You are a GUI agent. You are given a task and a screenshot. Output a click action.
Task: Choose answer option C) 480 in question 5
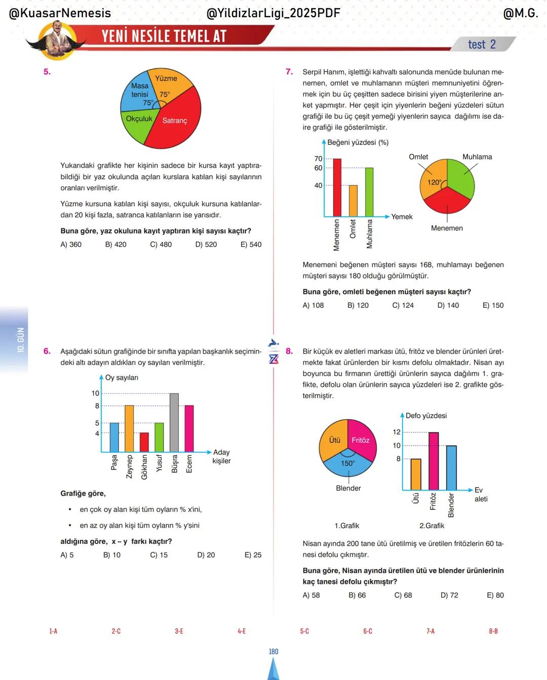pyautogui.click(x=161, y=245)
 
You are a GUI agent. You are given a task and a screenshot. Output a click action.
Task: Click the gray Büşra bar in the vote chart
pyautogui.click(x=174, y=423)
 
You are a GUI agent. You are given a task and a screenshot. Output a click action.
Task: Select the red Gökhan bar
pyautogui.click(x=144, y=443)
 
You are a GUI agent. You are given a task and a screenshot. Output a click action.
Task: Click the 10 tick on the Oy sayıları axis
pyautogui.click(x=95, y=393)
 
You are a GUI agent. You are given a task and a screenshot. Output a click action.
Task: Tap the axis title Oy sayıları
pyautogui.click(x=121, y=378)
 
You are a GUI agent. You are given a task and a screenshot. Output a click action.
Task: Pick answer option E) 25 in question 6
pyautogui.click(x=253, y=555)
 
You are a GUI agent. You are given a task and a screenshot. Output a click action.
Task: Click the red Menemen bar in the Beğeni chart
pyautogui.click(x=337, y=188)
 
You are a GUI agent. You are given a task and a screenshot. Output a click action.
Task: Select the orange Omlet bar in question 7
pyautogui.click(x=353, y=201)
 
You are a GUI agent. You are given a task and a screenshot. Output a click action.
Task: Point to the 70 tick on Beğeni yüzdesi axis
pyautogui.click(x=318, y=159)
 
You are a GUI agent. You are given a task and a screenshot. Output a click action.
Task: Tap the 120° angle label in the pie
pyautogui.click(x=434, y=182)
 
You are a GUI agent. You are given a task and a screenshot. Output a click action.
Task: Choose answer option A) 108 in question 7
pyautogui.click(x=313, y=305)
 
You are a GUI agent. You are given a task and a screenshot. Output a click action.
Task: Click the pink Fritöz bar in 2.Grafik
pyautogui.click(x=434, y=461)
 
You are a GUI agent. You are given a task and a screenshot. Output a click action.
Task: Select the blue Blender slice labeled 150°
pyautogui.click(x=348, y=465)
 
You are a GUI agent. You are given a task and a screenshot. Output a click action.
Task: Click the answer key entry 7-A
pyautogui.click(x=430, y=631)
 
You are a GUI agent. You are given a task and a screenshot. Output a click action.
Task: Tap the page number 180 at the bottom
pyautogui.click(x=273, y=652)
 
